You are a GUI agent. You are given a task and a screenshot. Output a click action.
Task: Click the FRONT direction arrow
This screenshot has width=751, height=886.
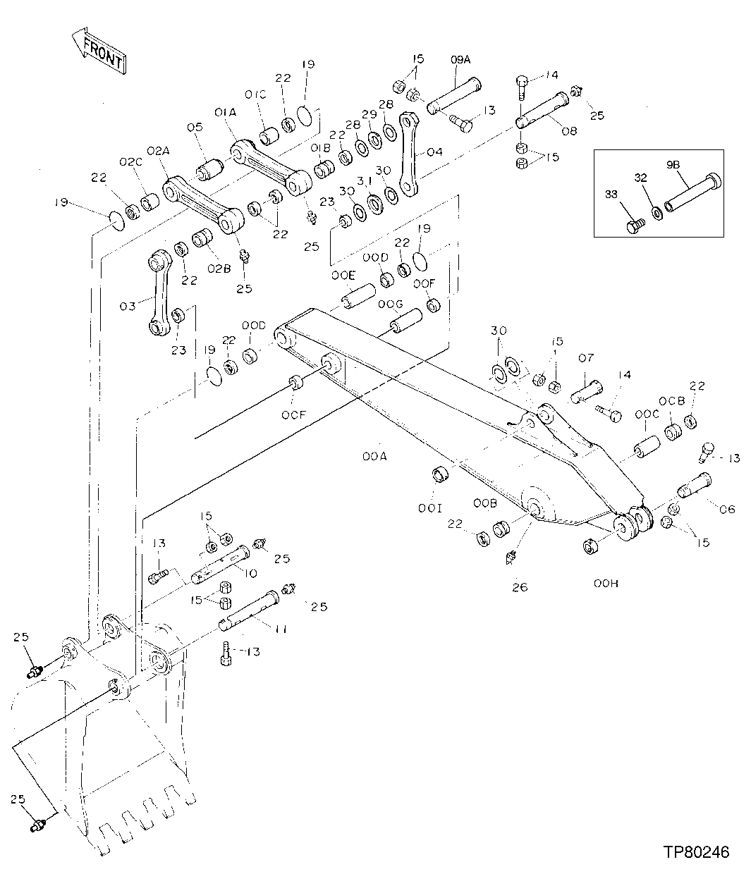coord(99,51)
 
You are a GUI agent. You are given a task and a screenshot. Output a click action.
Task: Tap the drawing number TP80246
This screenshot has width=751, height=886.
coord(695,852)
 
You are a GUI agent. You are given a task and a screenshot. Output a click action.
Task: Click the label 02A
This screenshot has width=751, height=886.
coord(159,151)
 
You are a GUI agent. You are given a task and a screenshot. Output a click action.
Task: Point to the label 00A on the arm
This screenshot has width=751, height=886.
coord(375,457)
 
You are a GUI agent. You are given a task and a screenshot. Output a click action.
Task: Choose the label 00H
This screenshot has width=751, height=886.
coord(605,584)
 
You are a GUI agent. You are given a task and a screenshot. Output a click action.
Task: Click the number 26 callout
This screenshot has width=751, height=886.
coord(520,586)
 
